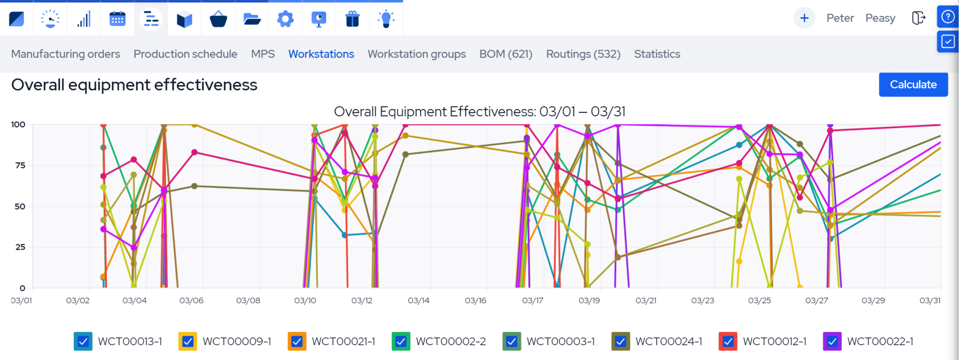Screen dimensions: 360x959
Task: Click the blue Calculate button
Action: [x=913, y=85]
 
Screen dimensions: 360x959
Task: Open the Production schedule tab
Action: [x=185, y=54]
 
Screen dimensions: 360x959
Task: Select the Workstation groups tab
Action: [x=416, y=54]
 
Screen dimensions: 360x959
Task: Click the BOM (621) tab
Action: [x=506, y=54]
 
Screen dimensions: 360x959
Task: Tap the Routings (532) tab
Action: [x=583, y=54]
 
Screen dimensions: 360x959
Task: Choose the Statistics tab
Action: [x=657, y=54]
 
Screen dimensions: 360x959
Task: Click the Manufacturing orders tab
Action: [x=66, y=54]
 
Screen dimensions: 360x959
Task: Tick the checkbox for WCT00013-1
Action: [x=83, y=341]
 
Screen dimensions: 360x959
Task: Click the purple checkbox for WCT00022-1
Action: [x=832, y=341]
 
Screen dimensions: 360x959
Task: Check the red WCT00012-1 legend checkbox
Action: [x=728, y=341]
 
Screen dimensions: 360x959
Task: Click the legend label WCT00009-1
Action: [x=236, y=341]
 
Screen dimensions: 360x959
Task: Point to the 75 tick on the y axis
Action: [x=20, y=165]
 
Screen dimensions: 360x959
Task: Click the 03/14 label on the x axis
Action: [x=418, y=301]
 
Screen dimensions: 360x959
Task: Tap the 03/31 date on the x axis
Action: [x=929, y=301]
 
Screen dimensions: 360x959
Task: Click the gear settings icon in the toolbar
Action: [x=285, y=19]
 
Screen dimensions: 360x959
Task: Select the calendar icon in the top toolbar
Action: [x=117, y=19]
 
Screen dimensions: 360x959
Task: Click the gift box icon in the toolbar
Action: [x=352, y=19]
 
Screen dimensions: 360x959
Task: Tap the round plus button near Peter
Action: [x=804, y=18]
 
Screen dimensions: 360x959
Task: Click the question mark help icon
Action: [x=948, y=17]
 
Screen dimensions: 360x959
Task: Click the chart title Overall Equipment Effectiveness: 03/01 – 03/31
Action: [x=479, y=111]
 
